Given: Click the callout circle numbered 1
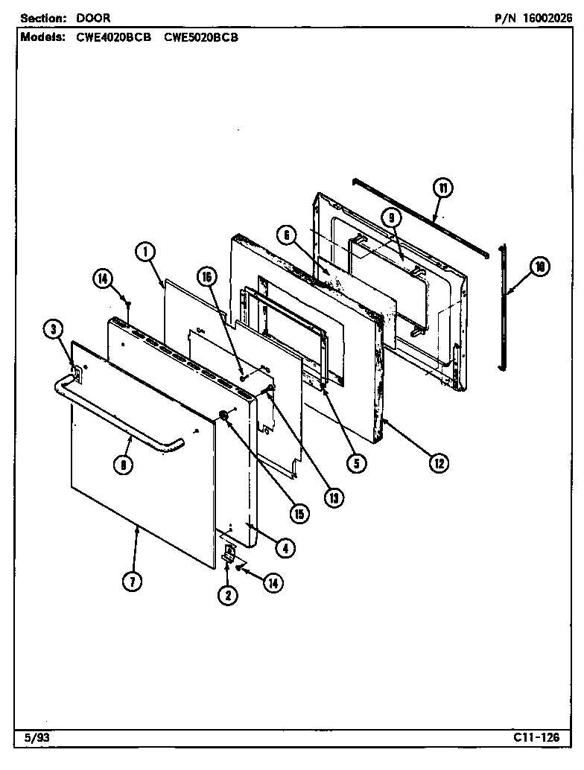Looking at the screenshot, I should [x=146, y=253].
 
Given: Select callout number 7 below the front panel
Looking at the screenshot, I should [x=131, y=582].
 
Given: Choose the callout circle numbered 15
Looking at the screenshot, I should [x=299, y=512].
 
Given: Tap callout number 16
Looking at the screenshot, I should [x=206, y=276].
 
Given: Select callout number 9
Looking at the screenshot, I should [x=390, y=217].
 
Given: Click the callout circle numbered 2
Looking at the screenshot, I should [x=228, y=594].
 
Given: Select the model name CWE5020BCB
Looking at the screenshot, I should [x=201, y=36].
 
